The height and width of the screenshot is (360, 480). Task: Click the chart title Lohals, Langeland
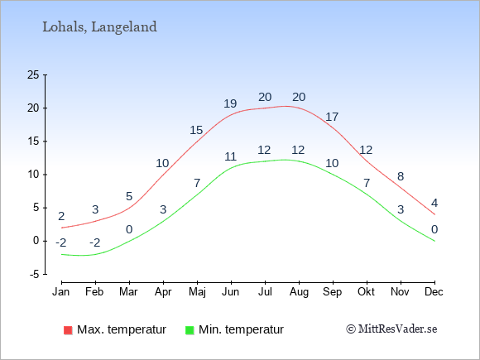(99, 27)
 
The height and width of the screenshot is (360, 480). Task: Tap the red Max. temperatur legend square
(68, 330)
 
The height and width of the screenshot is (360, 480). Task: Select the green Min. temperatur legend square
(190, 330)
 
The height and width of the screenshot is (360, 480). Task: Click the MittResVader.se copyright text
(391, 329)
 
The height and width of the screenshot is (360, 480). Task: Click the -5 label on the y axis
(35, 275)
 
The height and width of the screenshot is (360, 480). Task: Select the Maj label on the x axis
(197, 292)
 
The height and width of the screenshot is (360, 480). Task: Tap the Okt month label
(366, 292)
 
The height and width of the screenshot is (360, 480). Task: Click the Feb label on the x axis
(94, 292)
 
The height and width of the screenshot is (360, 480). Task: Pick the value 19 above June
(230, 103)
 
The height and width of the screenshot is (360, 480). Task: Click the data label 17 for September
(332, 117)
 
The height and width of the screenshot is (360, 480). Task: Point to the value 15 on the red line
(196, 131)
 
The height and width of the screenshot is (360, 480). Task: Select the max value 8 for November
(401, 176)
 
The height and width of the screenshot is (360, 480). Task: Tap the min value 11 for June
(231, 156)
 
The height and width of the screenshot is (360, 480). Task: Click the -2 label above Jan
(61, 243)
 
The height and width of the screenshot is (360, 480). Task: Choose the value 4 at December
(434, 203)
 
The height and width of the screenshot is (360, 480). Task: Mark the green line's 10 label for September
(332, 164)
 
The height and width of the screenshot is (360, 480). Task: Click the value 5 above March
(129, 196)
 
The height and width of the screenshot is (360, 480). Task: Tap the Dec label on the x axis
(434, 292)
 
